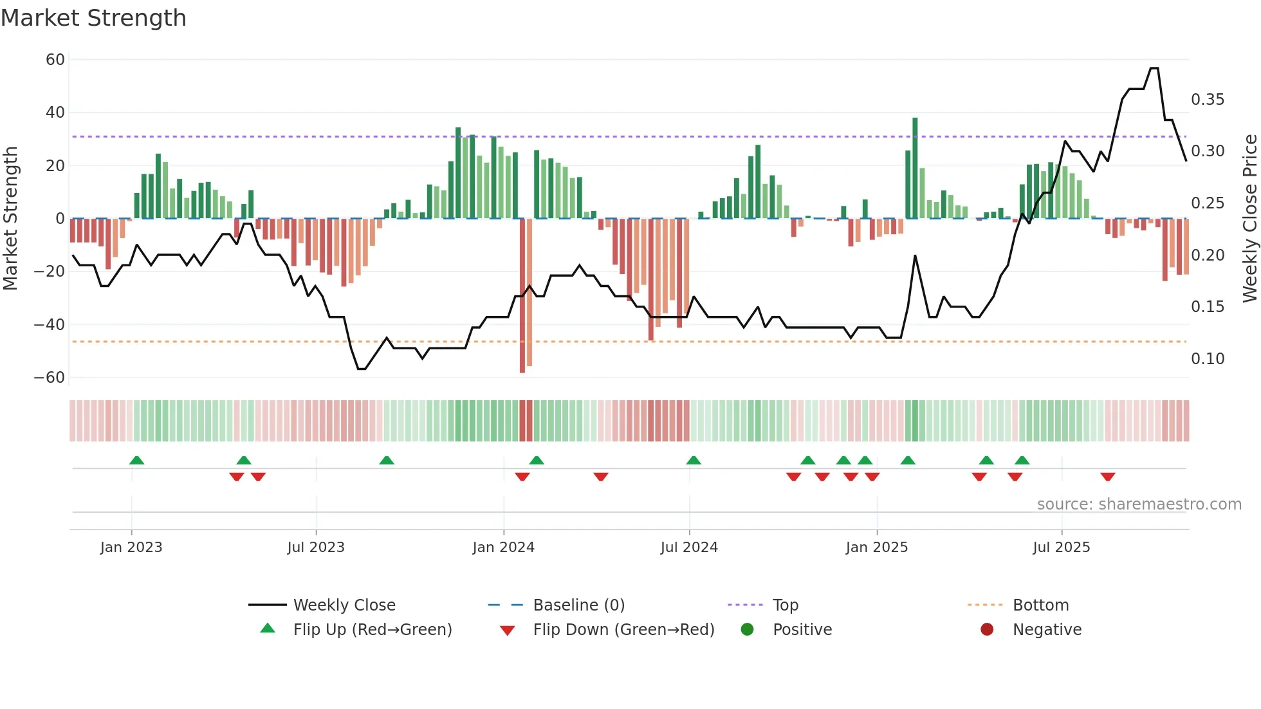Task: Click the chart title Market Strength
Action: click(x=93, y=18)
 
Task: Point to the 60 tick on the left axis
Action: click(x=55, y=60)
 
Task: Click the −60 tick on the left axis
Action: click(x=50, y=378)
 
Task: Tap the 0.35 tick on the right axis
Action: click(x=1207, y=100)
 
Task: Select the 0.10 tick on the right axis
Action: click(x=1207, y=359)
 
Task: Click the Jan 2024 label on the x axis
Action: click(x=503, y=548)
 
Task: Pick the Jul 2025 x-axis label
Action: click(x=1061, y=548)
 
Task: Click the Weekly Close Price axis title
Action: click(x=1249, y=219)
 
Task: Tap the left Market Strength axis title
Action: click(x=10, y=219)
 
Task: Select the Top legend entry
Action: click(x=785, y=605)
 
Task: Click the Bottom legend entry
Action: click(x=1040, y=605)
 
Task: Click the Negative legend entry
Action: click(x=1047, y=630)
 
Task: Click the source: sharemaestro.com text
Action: click(x=1139, y=504)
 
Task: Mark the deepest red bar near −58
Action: click(x=522, y=296)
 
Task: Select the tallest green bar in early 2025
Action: click(x=915, y=169)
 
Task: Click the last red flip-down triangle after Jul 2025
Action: click(x=1107, y=477)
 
